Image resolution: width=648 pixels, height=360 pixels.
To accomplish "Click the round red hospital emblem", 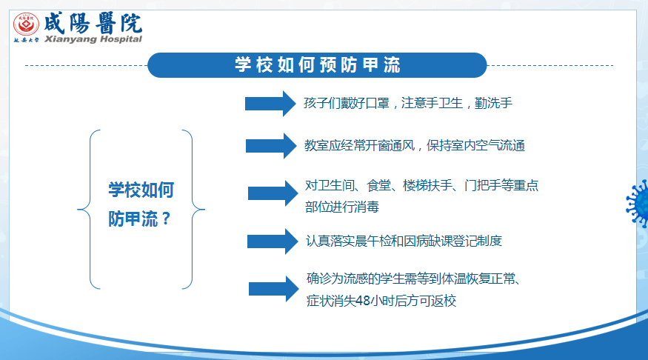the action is click(26, 24).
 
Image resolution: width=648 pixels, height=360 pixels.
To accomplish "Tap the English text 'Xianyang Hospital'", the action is click(93, 39).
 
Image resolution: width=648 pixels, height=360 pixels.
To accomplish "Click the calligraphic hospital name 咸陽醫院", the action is click(93, 23).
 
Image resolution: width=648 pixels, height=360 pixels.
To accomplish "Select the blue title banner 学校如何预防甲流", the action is click(317, 65).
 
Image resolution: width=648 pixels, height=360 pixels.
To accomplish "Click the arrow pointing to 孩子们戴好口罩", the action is click(270, 103).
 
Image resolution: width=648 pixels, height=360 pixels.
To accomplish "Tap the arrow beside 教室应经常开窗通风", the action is click(271, 146).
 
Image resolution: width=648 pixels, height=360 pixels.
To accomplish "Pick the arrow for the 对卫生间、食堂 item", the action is click(273, 193).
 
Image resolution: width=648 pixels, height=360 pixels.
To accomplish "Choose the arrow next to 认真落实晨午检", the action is click(273, 241).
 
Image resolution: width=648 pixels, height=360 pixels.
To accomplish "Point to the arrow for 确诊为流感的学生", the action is click(273, 289).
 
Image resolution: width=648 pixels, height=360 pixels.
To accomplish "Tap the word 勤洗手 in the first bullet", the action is click(493, 103).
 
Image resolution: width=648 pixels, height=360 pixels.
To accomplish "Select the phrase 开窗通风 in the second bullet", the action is click(390, 145).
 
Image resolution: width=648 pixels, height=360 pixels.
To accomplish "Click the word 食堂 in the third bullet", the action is click(378, 185).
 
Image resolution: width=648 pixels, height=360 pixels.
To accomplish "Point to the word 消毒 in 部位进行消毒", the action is click(367, 207).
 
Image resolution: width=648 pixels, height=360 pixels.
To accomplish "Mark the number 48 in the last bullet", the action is click(362, 301).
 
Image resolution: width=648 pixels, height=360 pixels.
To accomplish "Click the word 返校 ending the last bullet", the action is click(444, 301).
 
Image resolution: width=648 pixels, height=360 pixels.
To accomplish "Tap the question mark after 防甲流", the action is click(166, 219).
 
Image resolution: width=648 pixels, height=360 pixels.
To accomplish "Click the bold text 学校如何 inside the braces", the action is click(141, 190).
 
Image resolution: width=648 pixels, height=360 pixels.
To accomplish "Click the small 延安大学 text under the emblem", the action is click(26, 40).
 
